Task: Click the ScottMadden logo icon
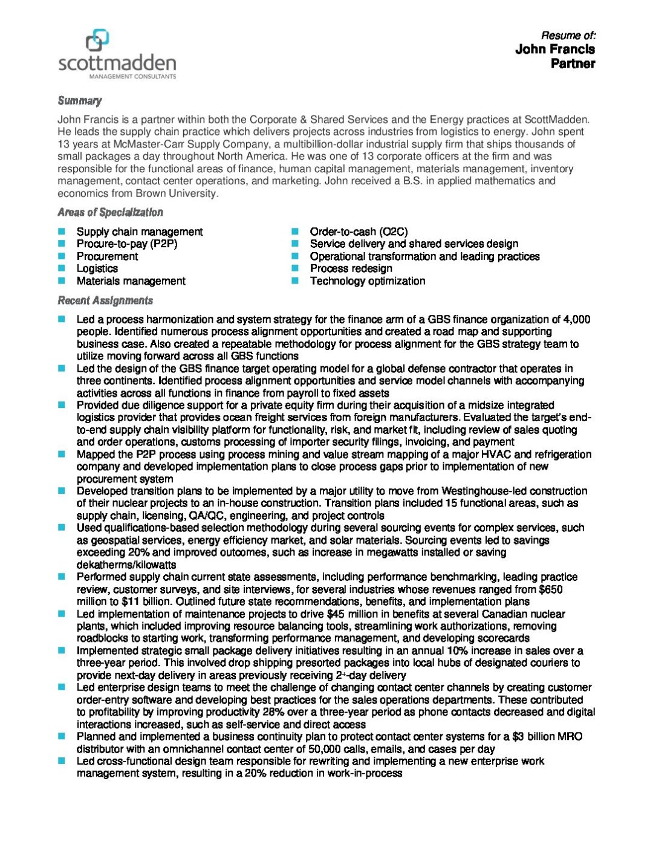point(97,40)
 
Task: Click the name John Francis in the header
point(554,50)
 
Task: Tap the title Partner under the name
point(573,63)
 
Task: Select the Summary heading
point(79,101)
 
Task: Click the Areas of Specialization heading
point(110,212)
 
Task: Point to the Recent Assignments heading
point(105,300)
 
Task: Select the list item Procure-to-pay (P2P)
point(127,244)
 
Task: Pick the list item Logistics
point(97,268)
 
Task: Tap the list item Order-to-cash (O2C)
point(359,231)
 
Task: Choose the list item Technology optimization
point(368,281)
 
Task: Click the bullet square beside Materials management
point(62,281)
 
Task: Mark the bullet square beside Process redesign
point(295,268)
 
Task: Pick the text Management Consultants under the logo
point(132,77)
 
